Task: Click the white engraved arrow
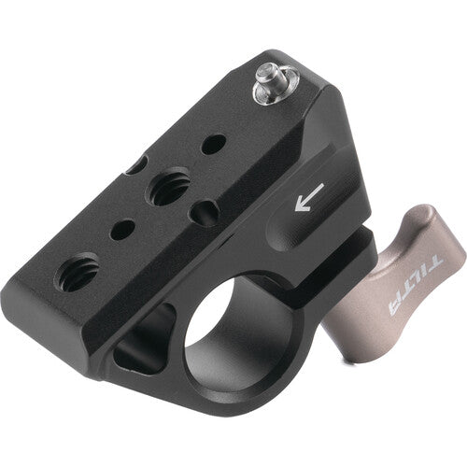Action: (x=307, y=197)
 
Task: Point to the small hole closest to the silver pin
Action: (x=214, y=144)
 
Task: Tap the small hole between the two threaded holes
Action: (x=122, y=229)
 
